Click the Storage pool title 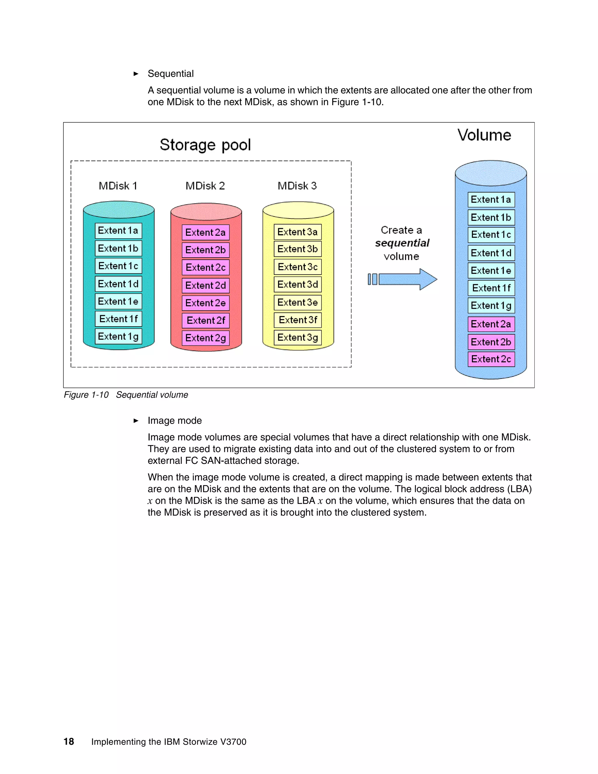(205, 145)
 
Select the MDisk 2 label (205, 186)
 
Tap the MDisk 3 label (297, 186)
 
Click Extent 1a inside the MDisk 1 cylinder (118, 231)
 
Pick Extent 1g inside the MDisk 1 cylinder (118, 336)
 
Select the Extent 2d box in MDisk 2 (206, 285)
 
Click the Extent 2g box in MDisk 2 (206, 338)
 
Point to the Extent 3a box (297, 232)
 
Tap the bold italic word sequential (402, 243)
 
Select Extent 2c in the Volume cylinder (491, 359)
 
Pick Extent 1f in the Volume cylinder (491, 288)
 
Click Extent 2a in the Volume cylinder (491, 324)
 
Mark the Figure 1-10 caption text (126, 395)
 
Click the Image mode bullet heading (175, 421)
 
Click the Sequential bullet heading (171, 74)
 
